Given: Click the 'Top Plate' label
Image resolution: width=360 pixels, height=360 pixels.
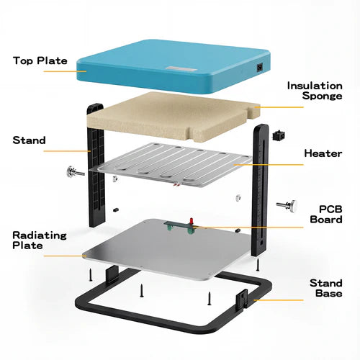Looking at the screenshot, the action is tap(40, 60).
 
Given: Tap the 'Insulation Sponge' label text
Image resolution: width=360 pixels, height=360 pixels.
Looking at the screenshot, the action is tap(315, 91).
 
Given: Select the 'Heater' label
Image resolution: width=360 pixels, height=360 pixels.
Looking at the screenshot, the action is tap(323, 153).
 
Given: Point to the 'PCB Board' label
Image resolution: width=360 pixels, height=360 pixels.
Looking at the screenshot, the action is tap(326, 215).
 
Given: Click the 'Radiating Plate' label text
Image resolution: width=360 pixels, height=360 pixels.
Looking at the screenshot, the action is tap(40, 240).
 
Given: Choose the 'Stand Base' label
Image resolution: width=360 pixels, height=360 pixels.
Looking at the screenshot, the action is tap(326, 288).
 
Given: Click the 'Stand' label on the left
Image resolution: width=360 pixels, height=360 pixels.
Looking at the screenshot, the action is tap(29, 140).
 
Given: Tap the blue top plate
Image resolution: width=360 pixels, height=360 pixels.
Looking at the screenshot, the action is tap(174, 67).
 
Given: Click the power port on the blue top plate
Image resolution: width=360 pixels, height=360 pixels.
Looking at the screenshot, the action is tap(260, 68).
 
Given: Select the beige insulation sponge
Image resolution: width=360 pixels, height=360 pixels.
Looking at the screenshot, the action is tap(174, 117).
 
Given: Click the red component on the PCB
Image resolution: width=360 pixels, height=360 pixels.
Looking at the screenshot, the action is tap(192, 221).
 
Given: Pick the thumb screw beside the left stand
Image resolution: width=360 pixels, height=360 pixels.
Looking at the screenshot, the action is tap(75, 172).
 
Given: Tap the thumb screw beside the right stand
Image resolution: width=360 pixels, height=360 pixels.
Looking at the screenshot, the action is tap(287, 206).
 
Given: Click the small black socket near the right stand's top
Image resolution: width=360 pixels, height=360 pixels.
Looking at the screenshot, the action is tap(279, 135).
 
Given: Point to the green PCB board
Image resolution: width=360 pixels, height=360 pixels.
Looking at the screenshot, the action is tap(179, 227).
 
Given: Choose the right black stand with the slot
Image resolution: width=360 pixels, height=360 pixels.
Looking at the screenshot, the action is tap(260, 190).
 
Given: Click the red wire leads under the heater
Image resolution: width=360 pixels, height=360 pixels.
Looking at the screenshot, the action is tap(176, 184).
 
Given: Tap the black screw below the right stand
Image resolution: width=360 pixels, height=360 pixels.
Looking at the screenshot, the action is tap(258, 265).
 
